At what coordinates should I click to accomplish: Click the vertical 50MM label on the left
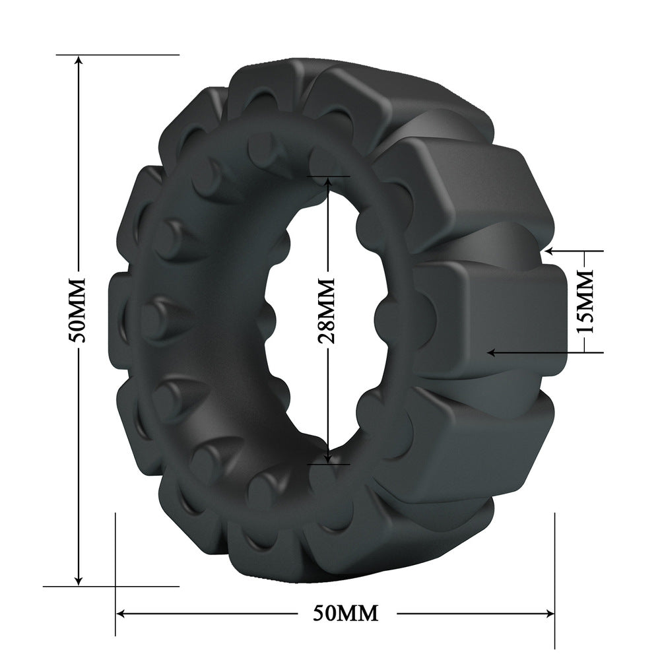point(79,310)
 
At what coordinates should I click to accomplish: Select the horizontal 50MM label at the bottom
point(346,612)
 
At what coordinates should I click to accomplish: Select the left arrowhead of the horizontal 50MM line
point(121,612)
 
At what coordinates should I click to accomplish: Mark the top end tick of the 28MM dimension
point(327,177)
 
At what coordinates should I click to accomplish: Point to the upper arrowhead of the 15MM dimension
point(549,251)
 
